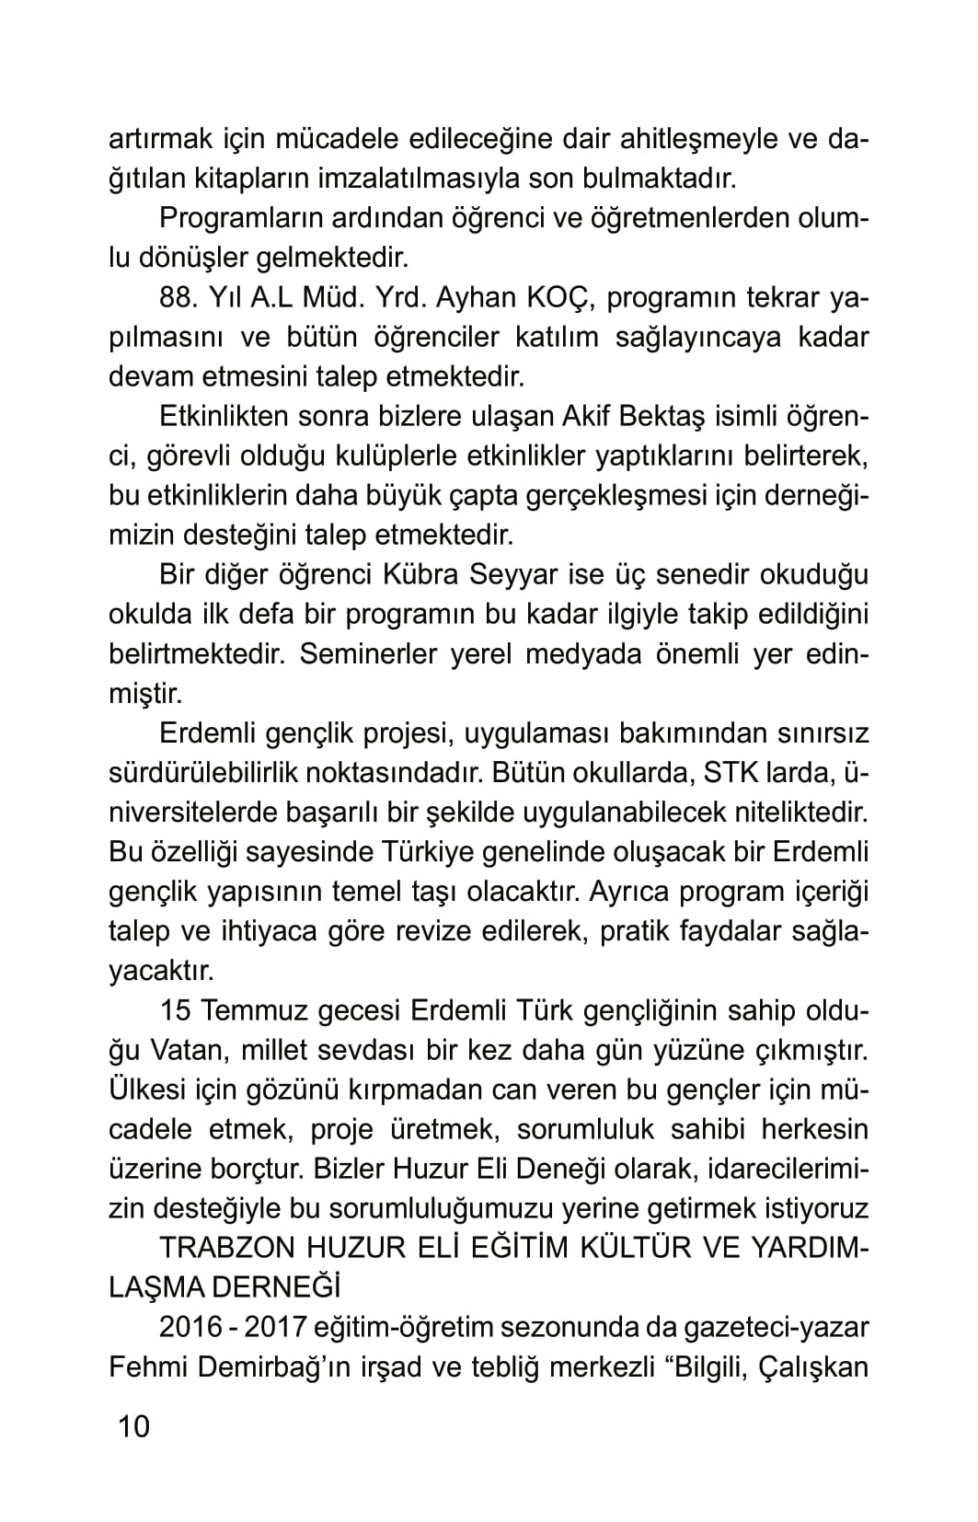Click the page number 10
coord(132,1426)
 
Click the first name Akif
coord(586,417)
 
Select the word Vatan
coord(182,1050)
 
